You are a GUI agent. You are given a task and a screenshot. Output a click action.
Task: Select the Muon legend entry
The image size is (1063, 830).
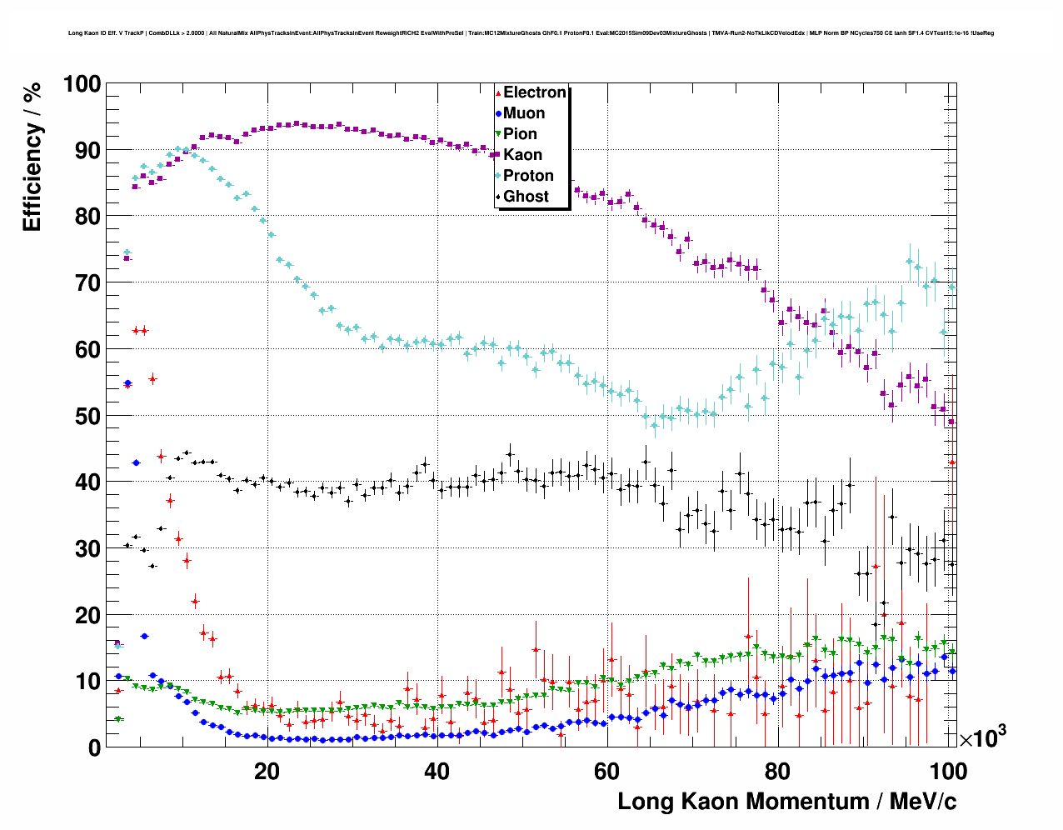[524, 113]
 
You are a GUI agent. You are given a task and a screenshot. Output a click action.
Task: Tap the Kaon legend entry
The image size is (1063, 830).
[522, 155]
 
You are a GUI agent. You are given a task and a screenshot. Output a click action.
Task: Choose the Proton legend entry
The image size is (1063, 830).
[528, 176]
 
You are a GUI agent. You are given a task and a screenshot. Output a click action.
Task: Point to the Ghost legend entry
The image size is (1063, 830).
[526, 197]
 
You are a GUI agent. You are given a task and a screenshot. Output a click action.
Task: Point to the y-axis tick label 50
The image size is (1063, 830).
[87, 416]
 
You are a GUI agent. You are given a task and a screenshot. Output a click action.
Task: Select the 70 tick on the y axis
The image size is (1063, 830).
[87, 283]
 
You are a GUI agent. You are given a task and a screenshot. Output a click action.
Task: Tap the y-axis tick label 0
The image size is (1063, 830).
[94, 747]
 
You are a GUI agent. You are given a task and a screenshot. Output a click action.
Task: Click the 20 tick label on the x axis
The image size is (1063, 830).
[267, 772]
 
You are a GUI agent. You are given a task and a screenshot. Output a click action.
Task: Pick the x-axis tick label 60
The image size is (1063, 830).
[607, 772]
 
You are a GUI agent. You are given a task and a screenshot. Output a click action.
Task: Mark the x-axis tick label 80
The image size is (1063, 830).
[777, 772]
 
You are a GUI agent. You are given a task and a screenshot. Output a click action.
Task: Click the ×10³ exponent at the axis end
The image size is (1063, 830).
[982, 737]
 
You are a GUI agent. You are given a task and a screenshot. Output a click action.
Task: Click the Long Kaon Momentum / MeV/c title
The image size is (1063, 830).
[786, 802]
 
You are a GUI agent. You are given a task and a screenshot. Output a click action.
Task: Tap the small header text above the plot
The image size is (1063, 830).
[531, 33]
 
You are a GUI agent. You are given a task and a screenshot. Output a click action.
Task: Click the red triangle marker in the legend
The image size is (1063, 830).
[498, 92]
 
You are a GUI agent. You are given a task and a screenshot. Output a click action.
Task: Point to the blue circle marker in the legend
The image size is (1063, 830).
[498, 113]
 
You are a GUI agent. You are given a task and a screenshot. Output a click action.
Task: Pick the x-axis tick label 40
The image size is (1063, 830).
[437, 772]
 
